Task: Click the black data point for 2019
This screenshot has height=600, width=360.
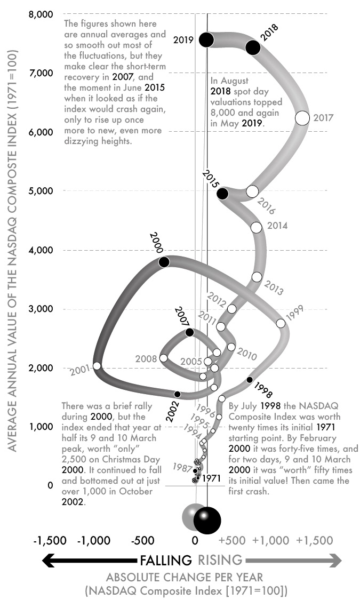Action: [x=206, y=39]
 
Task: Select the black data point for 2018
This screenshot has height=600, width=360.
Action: [x=253, y=47]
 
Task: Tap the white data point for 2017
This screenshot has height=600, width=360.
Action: [x=302, y=118]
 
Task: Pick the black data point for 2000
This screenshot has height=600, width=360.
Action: [x=164, y=262]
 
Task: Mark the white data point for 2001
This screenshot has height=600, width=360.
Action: [x=97, y=366]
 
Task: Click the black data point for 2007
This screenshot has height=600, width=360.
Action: [x=189, y=332]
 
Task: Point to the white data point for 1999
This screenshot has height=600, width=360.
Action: [x=281, y=323]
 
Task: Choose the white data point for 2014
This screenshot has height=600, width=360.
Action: [x=256, y=228]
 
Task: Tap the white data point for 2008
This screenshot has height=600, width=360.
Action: [x=164, y=358]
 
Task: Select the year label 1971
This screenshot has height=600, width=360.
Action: [x=212, y=478]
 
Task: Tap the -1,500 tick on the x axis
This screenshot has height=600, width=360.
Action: [x=49, y=540]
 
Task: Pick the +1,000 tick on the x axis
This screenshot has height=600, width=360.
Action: [x=271, y=540]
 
